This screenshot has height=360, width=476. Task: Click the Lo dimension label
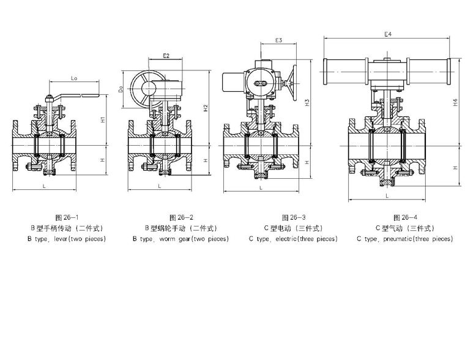pyautogui.click(x=73, y=78)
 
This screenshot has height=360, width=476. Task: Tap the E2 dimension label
pyautogui.click(x=166, y=56)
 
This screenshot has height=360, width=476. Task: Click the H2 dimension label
pyautogui.click(x=207, y=108)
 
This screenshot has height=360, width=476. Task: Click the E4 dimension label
pyautogui.click(x=387, y=35)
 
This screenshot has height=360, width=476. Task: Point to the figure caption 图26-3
pyautogui.click(x=294, y=217)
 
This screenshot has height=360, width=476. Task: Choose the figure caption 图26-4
pyautogui.click(x=406, y=217)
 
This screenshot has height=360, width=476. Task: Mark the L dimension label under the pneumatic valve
pyautogui.click(x=387, y=195)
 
